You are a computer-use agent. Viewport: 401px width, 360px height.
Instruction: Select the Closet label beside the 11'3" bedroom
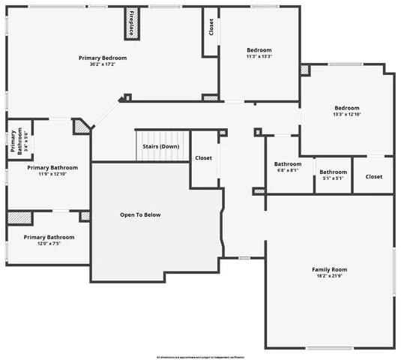pos(211,28)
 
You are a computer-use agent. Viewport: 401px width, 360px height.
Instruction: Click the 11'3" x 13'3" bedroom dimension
pos(259,56)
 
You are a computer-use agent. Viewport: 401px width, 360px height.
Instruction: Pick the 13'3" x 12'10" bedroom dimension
pos(346,114)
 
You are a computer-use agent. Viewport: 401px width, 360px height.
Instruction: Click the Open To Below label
pos(140,215)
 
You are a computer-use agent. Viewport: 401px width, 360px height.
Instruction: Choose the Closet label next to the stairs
pos(203,158)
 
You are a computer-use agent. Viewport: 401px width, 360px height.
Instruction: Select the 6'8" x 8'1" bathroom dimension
pos(287,170)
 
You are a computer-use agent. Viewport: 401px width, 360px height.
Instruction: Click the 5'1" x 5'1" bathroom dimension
pos(334,178)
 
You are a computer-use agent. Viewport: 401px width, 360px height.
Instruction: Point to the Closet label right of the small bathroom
pos(373,177)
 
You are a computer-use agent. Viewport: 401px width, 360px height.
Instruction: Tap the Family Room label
pos(330,269)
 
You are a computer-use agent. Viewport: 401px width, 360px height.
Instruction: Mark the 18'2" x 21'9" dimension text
pos(330,276)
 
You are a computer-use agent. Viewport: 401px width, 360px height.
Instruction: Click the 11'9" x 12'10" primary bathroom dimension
pos(49,173)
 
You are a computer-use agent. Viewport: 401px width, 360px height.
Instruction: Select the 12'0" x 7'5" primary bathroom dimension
pos(49,243)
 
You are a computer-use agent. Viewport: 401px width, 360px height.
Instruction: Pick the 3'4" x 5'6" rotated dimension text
pos(25,142)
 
